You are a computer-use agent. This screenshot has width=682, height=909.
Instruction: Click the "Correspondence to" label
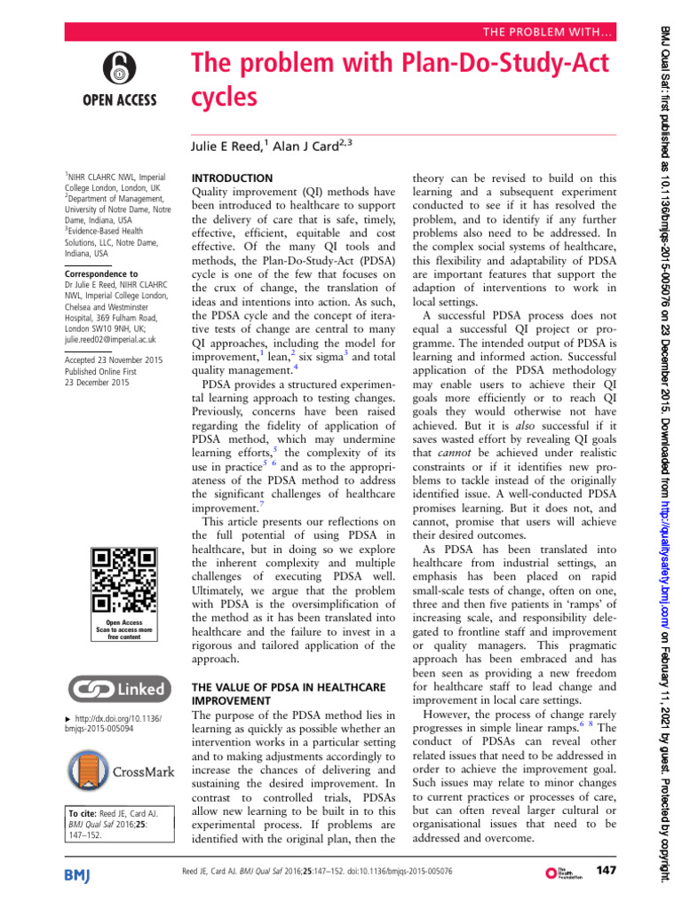[101, 274]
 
